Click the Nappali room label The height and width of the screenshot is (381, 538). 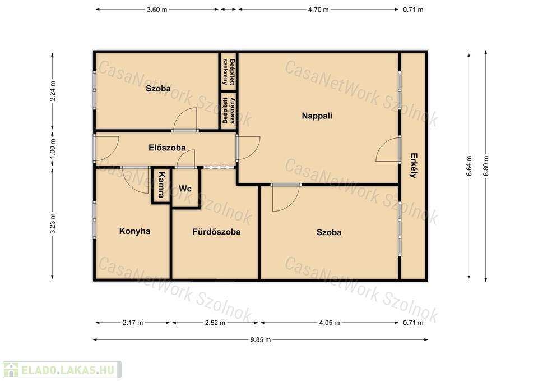[x=317, y=116]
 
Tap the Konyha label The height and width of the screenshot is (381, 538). [x=135, y=231]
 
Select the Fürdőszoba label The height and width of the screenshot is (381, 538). [x=216, y=232]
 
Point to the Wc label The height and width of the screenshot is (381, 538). [x=185, y=189]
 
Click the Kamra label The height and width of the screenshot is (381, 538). [x=161, y=185]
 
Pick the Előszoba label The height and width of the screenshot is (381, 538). [x=167, y=148]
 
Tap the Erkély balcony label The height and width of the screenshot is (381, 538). [x=414, y=165]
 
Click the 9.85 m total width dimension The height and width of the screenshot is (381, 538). [x=261, y=340]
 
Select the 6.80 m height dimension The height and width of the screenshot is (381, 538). [x=486, y=166]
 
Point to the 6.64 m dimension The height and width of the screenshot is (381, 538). [x=469, y=166]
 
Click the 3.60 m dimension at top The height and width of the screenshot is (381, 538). [x=157, y=10]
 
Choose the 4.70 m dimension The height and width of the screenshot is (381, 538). [x=318, y=10]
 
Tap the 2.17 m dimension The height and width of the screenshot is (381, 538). [x=132, y=323]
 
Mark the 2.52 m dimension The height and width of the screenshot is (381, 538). [x=215, y=323]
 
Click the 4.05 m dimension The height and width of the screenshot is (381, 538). [x=330, y=323]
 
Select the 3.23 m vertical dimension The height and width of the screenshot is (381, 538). [x=53, y=223]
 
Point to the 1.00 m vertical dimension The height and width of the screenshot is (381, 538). [x=53, y=148]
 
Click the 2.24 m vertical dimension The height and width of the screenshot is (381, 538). [x=53, y=91]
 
